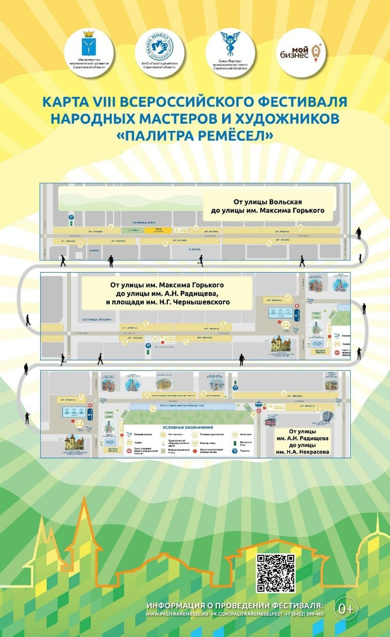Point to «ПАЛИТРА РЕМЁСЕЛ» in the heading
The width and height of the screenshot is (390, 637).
coord(195,136)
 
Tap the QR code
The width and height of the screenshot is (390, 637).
coord(276,573)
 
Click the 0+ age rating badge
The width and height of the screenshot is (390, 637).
coord(347,608)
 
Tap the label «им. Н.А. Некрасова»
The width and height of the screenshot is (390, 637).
coord(302,452)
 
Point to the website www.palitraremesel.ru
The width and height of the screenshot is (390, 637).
coord(177,614)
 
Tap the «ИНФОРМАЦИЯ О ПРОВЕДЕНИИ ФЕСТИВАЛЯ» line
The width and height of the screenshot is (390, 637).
coord(234,606)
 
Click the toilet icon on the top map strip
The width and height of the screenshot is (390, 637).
coord(71,218)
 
